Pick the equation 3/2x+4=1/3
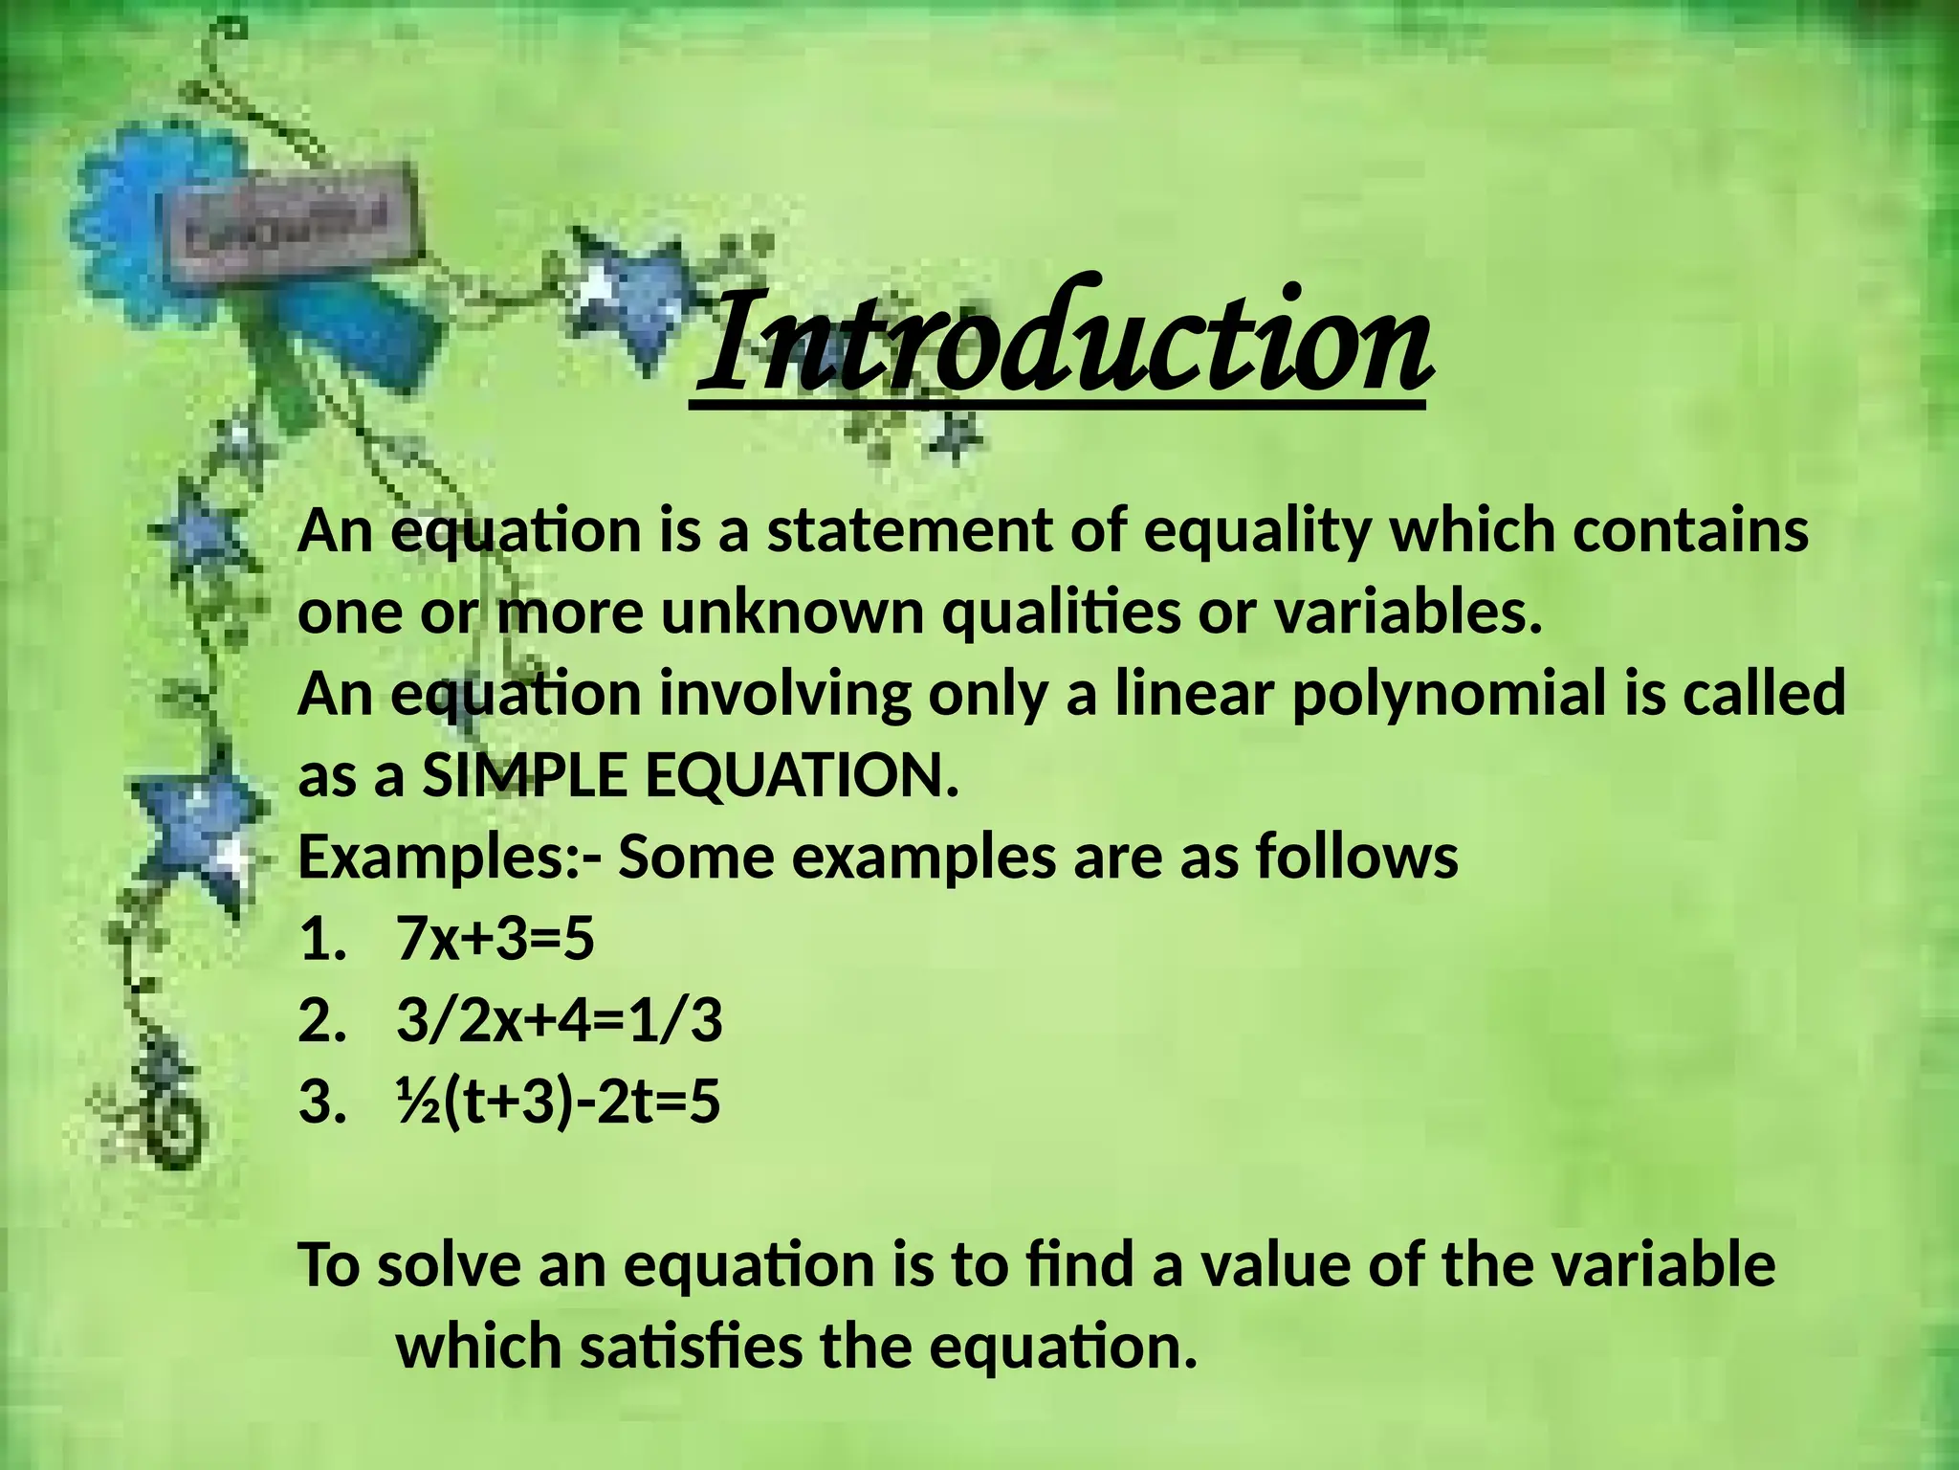560,1021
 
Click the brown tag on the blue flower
297,222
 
